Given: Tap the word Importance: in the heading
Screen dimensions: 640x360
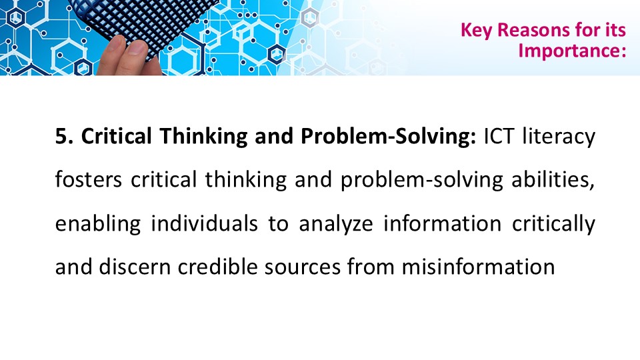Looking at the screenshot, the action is tap(572, 51).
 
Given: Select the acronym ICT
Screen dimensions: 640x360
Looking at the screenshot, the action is tap(498, 136).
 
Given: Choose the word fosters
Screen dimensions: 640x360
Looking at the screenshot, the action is tap(88, 180).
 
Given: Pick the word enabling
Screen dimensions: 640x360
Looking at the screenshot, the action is tap(97, 224).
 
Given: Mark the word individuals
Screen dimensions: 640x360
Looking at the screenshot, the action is tap(205, 223).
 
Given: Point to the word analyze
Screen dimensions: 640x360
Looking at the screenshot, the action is tap(336, 224).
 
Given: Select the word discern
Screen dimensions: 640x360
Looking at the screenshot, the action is tap(134, 267).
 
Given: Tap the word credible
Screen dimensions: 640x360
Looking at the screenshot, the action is tap(217, 267).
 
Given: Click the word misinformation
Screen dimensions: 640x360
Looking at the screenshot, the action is tap(479, 267).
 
